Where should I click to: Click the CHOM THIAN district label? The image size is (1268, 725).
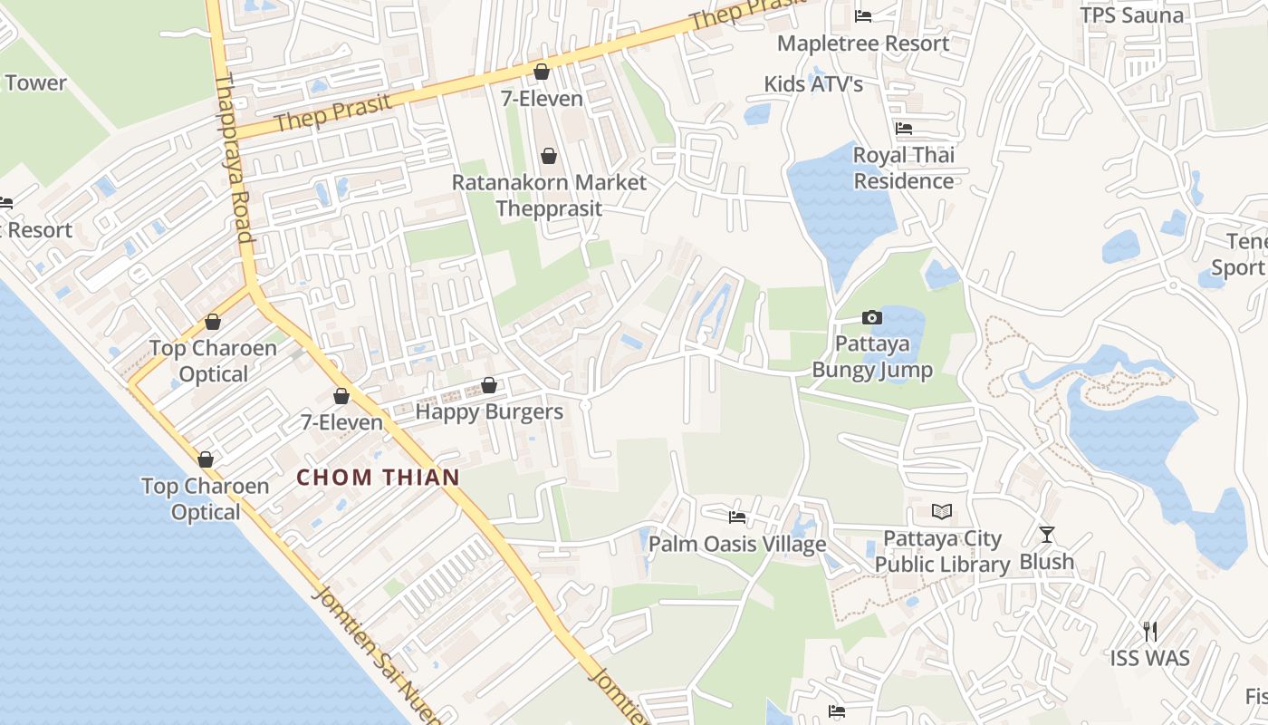pyautogui.click(x=379, y=478)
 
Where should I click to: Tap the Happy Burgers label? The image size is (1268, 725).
pyautogui.click(x=489, y=412)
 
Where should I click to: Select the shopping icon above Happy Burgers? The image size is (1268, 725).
pyautogui.click(x=489, y=386)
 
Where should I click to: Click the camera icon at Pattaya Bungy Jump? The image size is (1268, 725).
pyautogui.click(x=871, y=317)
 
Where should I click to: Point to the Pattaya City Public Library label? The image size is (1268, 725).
pyautogui.click(x=942, y=551)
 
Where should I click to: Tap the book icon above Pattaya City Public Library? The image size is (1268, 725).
pyautogui.click(x=942, y=512)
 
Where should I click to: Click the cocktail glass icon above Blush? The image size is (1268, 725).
pyautogui.click(x=1047, y=535)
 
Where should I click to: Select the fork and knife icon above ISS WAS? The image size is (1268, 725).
pyautogui.click(x=1150, y=631)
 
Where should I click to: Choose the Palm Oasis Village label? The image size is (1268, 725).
pyautogui.click(x=737, y=544)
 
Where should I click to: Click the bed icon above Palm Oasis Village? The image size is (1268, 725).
pyautogui.click(x=737, y=517)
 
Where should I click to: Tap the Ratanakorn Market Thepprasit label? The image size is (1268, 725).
pyautogui.click(x=549, y=195)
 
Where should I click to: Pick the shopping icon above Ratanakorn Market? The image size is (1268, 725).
pyautogui.click(x=548, y=157)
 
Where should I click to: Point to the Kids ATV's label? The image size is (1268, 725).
pyautogui.click(x=813, y=84)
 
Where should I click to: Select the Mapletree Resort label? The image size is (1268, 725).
pyautogui.click(x=863, y=43)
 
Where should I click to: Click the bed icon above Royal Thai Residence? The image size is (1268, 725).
pyautogui.click(x=903, y=129)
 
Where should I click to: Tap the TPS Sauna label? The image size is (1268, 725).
pyautogui.click(x=1132, y=15)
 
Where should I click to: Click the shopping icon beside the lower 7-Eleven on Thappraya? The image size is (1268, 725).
pyautogui.click(x=341, y=396)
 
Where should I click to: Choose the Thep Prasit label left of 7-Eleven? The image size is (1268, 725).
pyautogui.click(x=334, y=112)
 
